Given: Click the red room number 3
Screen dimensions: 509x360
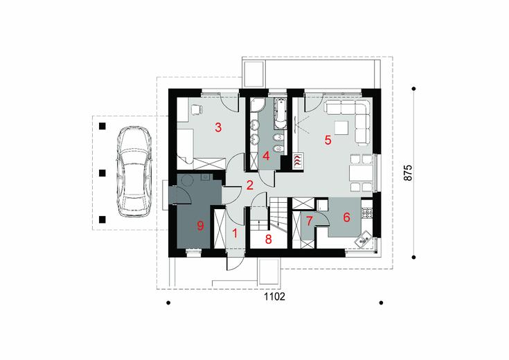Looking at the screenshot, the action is (x=218, y=127).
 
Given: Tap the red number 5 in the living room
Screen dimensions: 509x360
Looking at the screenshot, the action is (x=328, y=141).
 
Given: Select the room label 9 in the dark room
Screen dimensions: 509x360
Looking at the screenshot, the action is (x=201, y=226).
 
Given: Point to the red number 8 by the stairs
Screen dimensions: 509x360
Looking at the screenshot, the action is (x=268, y=240).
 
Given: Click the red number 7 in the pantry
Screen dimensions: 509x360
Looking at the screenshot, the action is (x=309, y=221).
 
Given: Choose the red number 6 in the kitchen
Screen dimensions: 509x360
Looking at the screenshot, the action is (x=347, y=217).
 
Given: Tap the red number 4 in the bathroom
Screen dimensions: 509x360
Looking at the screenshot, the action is (x=266, y=156).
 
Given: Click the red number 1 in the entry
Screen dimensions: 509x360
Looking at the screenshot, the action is (x=235, y=233).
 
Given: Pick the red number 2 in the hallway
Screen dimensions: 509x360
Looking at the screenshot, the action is (x=249, y=185).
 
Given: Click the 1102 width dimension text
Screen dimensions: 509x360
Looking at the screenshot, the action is (x=275, y=296).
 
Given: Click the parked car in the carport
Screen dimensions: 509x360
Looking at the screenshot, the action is (x=134, y=172).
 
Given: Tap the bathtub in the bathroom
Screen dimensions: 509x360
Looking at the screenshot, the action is (x=280, y=113).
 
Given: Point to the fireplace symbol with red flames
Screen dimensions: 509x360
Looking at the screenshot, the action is (x=298, y=160).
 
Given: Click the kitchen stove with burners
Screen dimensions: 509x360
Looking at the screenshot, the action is (x=367, y=213).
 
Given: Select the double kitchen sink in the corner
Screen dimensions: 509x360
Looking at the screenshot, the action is (x=364, y=240).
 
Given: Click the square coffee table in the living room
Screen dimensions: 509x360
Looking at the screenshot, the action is (x=341, y=127).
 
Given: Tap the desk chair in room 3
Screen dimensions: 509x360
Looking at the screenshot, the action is (x=197, y=109).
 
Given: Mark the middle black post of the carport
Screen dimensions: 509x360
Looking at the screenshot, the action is (x=102, y=173).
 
